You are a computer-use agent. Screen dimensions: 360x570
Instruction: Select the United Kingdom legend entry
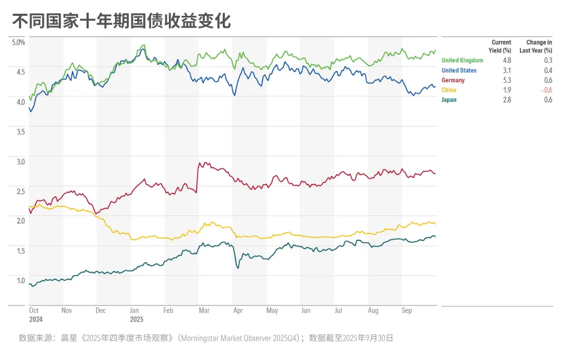[462, 60]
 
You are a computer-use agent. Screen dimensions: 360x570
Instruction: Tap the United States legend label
[459, 70]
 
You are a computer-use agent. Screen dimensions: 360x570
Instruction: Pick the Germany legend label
[453, 80]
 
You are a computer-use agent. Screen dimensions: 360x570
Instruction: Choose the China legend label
[449, 90]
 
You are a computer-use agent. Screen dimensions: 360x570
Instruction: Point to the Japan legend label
[449, 100]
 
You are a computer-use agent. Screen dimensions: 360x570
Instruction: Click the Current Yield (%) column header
[501, 46]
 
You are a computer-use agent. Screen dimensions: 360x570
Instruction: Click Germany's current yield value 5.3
[507, 80]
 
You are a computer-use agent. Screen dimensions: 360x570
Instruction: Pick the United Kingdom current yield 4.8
[507, 60]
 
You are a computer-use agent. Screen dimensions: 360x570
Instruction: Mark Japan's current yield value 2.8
[507, 100]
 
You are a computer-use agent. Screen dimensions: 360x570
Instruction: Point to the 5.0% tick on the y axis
[18, 42]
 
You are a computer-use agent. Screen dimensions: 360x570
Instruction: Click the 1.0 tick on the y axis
[21, 280]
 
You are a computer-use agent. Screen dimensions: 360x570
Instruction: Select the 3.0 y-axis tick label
[21, 161]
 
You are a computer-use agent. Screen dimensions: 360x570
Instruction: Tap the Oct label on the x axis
[34, 311]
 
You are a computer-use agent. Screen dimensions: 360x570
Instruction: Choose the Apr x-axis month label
[238, 311]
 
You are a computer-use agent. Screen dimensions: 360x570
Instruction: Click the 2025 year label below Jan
[136, 319]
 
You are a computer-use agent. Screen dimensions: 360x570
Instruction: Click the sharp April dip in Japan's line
[237, 268]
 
